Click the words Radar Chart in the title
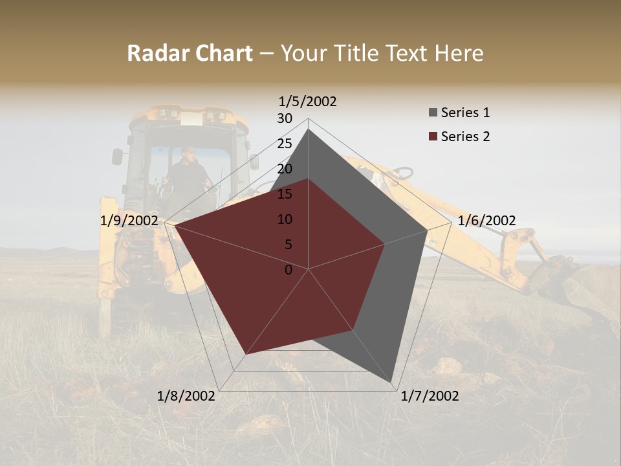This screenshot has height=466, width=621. tap(190, 54)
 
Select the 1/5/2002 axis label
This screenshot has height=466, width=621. tap(307, 102)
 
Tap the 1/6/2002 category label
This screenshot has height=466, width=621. tap(486, 221)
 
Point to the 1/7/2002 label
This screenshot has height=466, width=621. tap(430, 396)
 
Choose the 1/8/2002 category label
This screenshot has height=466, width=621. tap(186, 396)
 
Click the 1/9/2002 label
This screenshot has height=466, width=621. tap(129, 221)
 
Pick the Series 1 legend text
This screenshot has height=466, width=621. tap(465, 113)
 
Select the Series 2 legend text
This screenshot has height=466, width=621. tap(465, 137)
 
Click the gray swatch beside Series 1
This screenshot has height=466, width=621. tap(433, 113)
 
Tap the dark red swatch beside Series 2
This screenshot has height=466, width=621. tap(433, 137)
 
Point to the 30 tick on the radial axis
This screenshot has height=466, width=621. tap(285, 118)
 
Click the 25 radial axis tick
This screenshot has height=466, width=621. tap(285, 144)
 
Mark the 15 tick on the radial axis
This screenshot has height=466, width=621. tap(285, 194)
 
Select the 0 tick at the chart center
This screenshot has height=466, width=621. tap(289, 269)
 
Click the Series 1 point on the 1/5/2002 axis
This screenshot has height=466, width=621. tap(308, 129)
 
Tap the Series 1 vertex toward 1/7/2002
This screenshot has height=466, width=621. tap(392, 382)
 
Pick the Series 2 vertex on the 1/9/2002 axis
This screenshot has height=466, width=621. tap(175, 226)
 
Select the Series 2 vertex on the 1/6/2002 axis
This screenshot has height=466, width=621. tap(385, 244)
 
